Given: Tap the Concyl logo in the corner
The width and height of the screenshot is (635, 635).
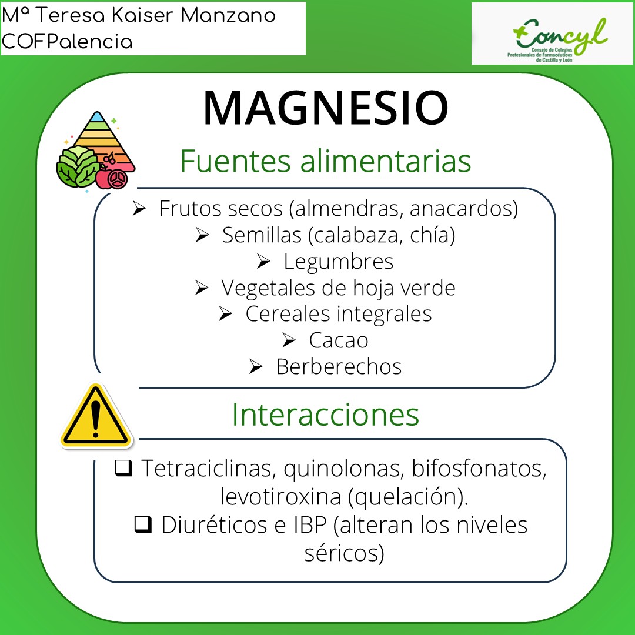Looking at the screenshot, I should point(552,34).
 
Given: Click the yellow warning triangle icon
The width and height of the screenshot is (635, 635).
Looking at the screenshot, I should point(95,416).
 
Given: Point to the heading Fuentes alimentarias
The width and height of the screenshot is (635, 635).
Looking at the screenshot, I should point(325,161).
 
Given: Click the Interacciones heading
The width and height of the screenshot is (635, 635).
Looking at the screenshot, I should point(325,415).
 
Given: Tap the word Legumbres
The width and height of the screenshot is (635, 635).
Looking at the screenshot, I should point(338,262).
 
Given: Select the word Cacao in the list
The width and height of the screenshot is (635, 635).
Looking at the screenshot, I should point(338,340).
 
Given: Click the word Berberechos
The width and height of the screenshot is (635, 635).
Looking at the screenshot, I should point(339,367).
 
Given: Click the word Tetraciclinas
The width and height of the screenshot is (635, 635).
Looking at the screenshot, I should point(209,469).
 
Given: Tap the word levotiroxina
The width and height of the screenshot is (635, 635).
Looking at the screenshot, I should point(280,497).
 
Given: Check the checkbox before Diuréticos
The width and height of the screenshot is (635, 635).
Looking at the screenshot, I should point(142,524).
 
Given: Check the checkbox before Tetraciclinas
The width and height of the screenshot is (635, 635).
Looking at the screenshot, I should point(123,469).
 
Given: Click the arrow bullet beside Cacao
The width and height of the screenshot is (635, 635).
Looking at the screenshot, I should point(289,340).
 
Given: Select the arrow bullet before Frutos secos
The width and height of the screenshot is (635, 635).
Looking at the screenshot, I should point(139,209).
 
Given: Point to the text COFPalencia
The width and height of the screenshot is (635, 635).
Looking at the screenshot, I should point(68,42).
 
